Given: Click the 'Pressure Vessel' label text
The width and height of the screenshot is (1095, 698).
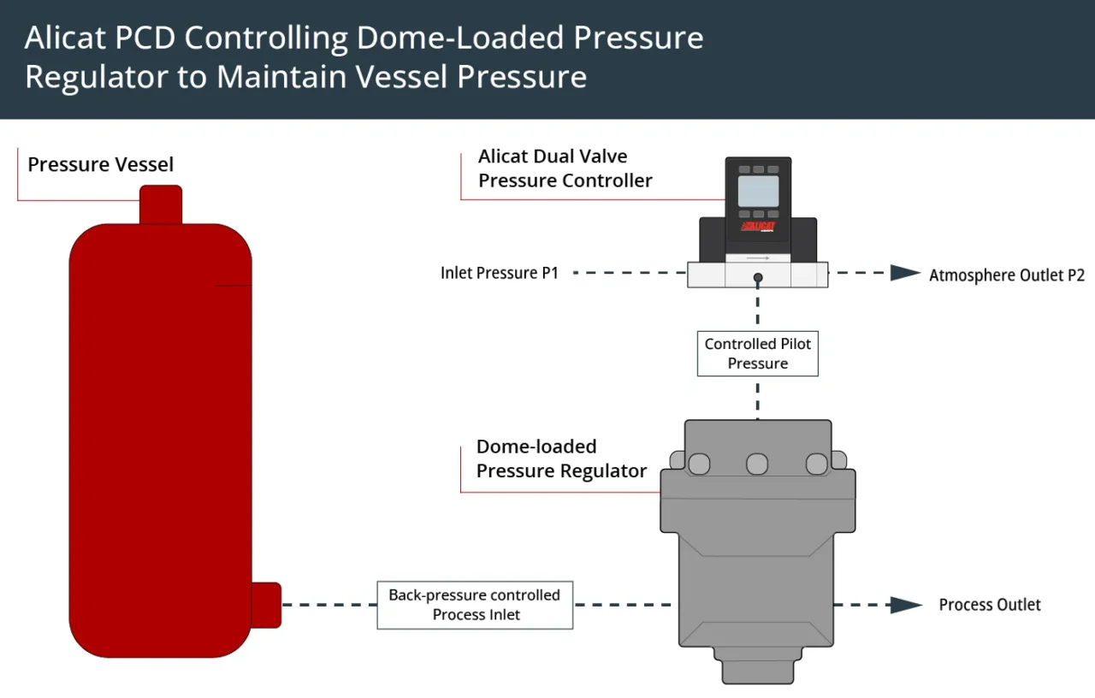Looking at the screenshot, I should click(100, 164).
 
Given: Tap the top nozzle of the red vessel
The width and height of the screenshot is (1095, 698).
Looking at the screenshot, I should click(160, 204).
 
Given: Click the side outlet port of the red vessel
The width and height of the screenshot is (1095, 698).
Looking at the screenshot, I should click(266, 605).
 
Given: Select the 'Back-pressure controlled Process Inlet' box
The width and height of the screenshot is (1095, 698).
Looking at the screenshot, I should click(475, 605).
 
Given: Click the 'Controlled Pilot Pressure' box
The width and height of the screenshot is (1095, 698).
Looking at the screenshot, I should click(757, 353).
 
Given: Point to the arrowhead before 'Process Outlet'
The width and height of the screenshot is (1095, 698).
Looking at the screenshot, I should click(905, 605).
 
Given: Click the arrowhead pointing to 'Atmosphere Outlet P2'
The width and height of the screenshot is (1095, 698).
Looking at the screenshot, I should click(904, 273).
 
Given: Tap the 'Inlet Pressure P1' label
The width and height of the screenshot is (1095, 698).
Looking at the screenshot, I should click(499, 274).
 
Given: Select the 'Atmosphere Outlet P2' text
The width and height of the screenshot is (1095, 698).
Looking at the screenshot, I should click(1006, 275).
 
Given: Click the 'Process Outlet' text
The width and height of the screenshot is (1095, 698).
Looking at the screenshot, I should click(989, 605).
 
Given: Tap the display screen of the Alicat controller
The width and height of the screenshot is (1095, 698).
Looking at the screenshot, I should click(758, 192).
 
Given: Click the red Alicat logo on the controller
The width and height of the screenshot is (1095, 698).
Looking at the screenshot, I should click(758, 227).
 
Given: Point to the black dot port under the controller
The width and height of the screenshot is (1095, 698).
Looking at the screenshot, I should click(758, 277).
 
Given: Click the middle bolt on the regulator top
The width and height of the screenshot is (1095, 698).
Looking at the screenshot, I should click(757, 464).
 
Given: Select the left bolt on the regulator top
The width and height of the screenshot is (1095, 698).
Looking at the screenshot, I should click(698, 464).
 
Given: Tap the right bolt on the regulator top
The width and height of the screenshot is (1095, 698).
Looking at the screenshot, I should click(817, 464).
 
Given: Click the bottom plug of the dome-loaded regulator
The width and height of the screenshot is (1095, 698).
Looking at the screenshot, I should click(757, 666).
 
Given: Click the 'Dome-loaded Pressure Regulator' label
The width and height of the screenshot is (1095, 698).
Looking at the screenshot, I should click(560, 459).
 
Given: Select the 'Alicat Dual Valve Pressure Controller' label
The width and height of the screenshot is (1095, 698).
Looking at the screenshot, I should click(565, 169).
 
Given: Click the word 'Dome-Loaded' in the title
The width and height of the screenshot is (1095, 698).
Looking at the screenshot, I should click(461, 38).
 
